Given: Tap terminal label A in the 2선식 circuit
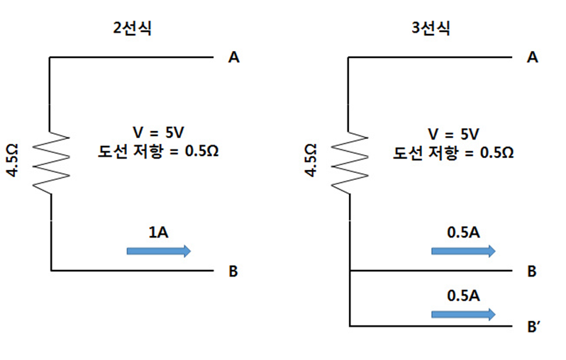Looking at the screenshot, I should coord(233,58).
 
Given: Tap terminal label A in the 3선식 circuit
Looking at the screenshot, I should coord(533,58).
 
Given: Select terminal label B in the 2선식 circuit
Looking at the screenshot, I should coord(233,271).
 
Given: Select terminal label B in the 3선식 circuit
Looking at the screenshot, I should coord(533,271).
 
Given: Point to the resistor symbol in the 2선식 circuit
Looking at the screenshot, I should coord(51,163).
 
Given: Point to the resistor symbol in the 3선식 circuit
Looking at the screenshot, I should coord(350,163).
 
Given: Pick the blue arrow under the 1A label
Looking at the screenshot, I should coord(158,250).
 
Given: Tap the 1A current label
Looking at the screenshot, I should coord(158,231).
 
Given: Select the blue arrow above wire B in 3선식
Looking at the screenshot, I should coord(463,250).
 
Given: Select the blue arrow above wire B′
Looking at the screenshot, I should coord(463,314).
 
